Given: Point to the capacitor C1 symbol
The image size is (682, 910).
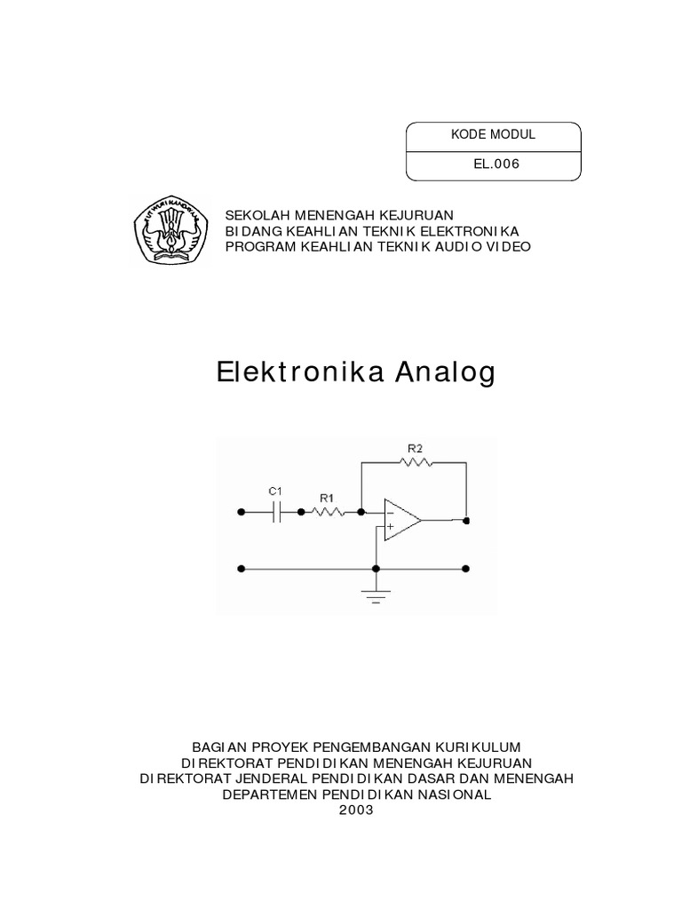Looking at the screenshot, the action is coord(277,512).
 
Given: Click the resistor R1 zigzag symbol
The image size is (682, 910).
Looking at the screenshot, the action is coord(331,512).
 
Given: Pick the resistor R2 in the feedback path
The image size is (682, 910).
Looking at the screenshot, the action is coord(415,462).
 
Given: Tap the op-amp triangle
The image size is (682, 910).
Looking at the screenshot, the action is coord(400,519).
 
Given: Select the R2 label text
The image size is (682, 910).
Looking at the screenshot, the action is coord(415,449).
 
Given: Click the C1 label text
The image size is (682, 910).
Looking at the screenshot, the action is coord(275,491).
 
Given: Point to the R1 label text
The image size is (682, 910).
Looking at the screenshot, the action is coord(327,499).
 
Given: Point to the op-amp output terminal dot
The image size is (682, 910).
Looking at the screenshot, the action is coord(467,519).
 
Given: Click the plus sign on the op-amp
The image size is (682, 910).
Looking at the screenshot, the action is coord(390,526).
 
